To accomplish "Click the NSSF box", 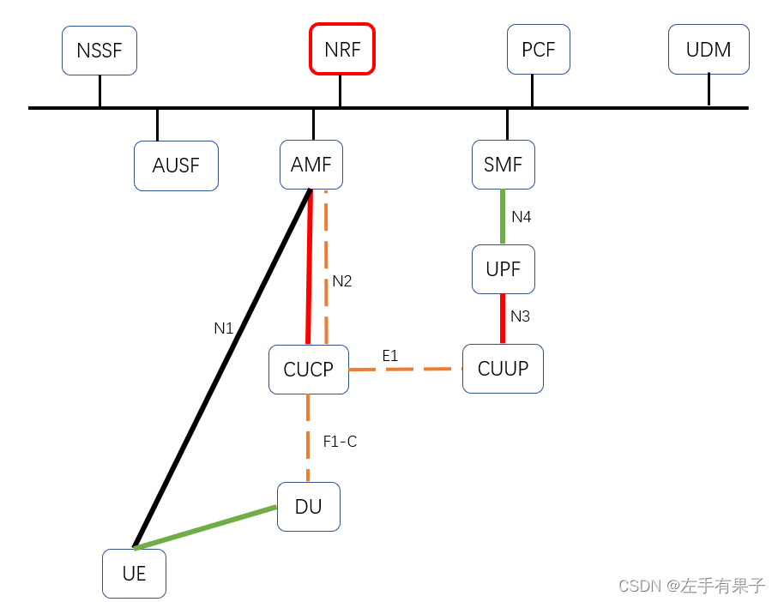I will click(x=100, y=50).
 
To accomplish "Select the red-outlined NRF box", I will click(x=342, y=49).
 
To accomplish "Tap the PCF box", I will click(x=538, y=50).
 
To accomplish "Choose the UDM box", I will click(x=709, y=49).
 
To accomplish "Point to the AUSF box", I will click(x=176, y=166).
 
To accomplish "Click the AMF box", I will click(x=311, y=165).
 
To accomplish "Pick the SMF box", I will click(x=504, y=165).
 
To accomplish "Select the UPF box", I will click(x=504, y=269).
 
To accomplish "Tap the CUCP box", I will click(x=309, y=370).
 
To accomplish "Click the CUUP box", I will click(x=503, y=369).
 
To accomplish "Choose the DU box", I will click(x=309, y=507).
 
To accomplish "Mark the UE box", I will click(x=134, y=574).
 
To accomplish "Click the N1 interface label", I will click(x=224, y=328).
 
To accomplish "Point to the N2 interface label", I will click(x=342, y=281).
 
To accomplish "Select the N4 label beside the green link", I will click(x=522, y=217).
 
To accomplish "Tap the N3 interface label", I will click(x=521, y=316).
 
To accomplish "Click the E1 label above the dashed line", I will click(x=390, y=355).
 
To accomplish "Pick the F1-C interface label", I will click(x=340, y=442).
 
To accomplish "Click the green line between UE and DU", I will click(x=206, y=527).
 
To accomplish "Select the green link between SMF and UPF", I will click(x=504, y=217).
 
